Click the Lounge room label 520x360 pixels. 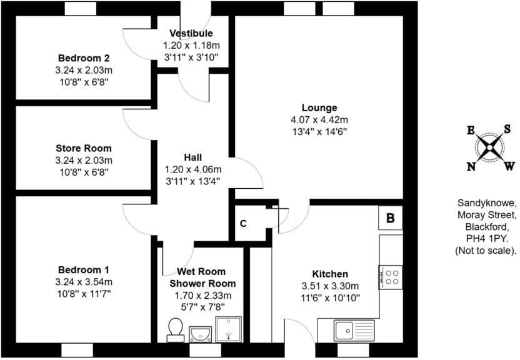319,107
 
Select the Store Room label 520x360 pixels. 84,148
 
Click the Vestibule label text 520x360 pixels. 191,34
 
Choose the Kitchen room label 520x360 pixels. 330,274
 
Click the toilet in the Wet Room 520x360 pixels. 176,329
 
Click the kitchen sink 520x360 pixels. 354,329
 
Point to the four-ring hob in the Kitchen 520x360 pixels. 391,276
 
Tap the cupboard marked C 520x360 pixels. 244,224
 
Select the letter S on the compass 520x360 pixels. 507,128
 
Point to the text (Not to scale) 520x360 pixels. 486,251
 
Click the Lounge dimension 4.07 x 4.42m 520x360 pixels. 319,119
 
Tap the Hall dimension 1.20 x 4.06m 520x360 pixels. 192,169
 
